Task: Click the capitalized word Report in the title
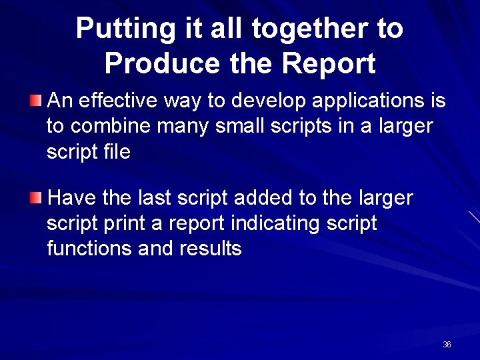pyautogui.click(x=329, y=63)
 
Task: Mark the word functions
pyautogui.click(x=89, y=248)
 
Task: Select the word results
pyautogui.click(x=211, y=248)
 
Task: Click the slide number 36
pyautogui.click(x=447, y=345)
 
